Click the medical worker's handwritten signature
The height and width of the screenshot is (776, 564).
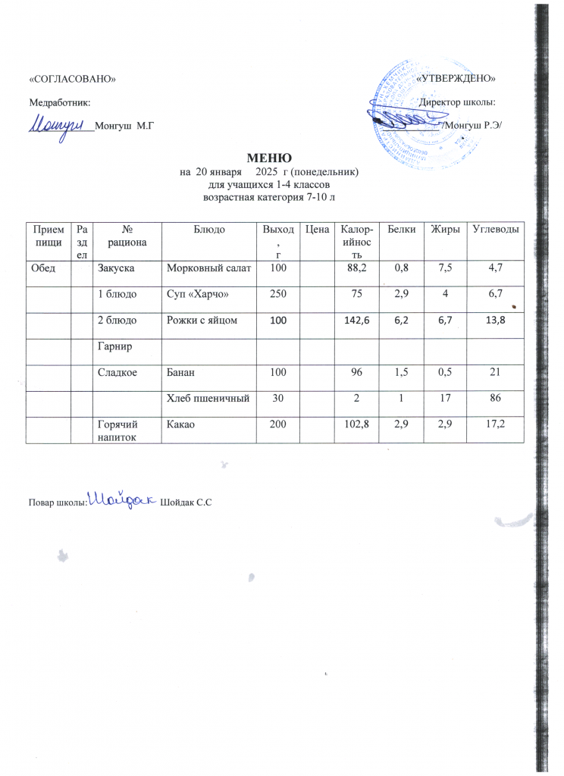[60, 123]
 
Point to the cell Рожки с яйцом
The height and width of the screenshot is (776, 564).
[202, 321]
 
